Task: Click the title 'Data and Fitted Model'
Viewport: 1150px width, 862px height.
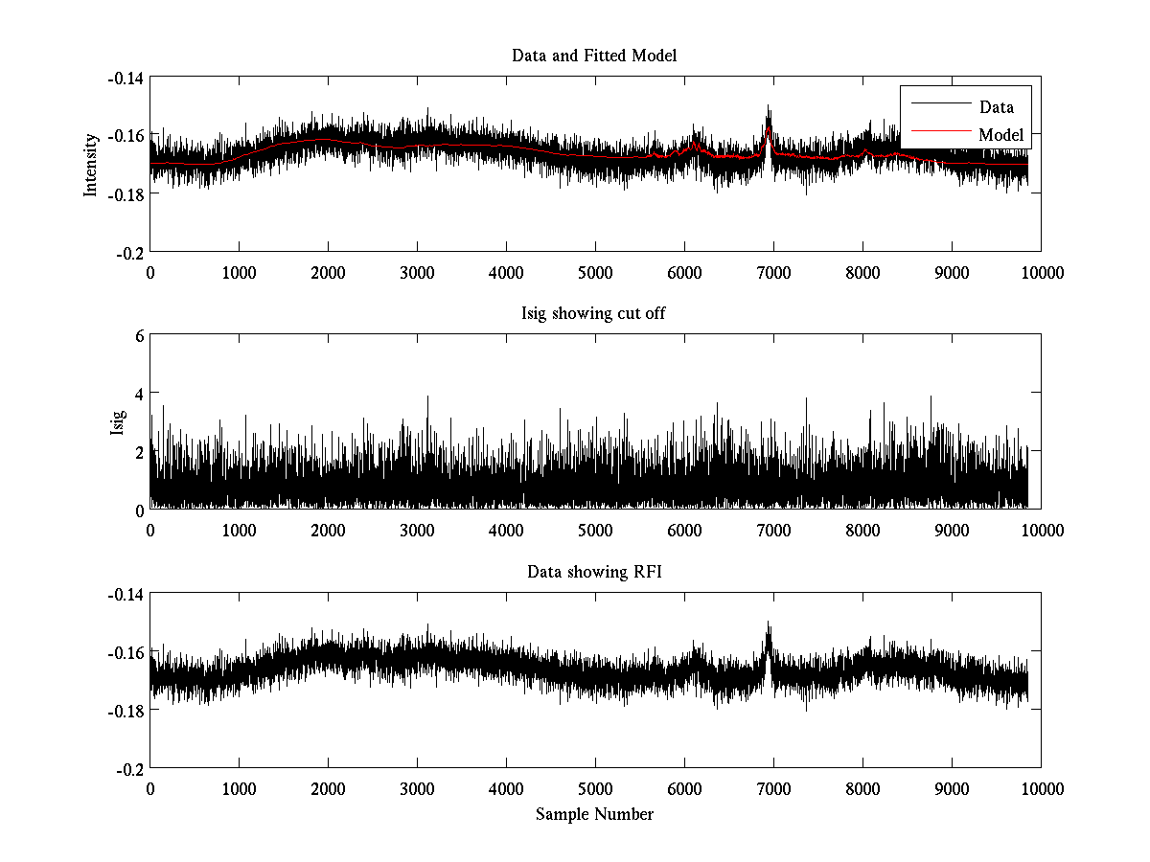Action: [x=594, y=56]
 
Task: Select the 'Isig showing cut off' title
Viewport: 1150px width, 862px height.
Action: [x=594, y=314]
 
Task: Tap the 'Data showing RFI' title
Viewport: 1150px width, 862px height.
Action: [x=594, y=573]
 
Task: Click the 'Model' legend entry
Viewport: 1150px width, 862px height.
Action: [x=1000, y=135]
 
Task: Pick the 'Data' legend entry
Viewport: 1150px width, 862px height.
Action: [x=996, y=107]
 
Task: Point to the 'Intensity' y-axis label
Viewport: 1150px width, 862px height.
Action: [x=91, y=164]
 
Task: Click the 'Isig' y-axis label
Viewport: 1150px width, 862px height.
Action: [x=118, y=422]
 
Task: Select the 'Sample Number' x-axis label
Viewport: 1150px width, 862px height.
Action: [x=594, y=814]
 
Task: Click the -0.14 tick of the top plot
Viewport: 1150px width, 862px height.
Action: [x=126, y=78]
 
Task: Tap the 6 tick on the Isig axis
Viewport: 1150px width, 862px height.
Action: [x=139, y=336]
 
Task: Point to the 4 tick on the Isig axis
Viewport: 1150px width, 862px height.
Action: [x=139, y=394]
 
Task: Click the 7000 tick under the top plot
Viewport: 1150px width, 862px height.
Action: [x=773, y=272]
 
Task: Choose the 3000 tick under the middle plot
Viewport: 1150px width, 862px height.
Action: [x=417, y=531]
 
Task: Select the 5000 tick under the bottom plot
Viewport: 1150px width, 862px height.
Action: [x=595, y=789]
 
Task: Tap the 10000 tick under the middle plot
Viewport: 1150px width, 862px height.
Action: [x=1042, y=531]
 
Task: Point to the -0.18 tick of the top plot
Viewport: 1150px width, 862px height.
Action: [x=126, y=193]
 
